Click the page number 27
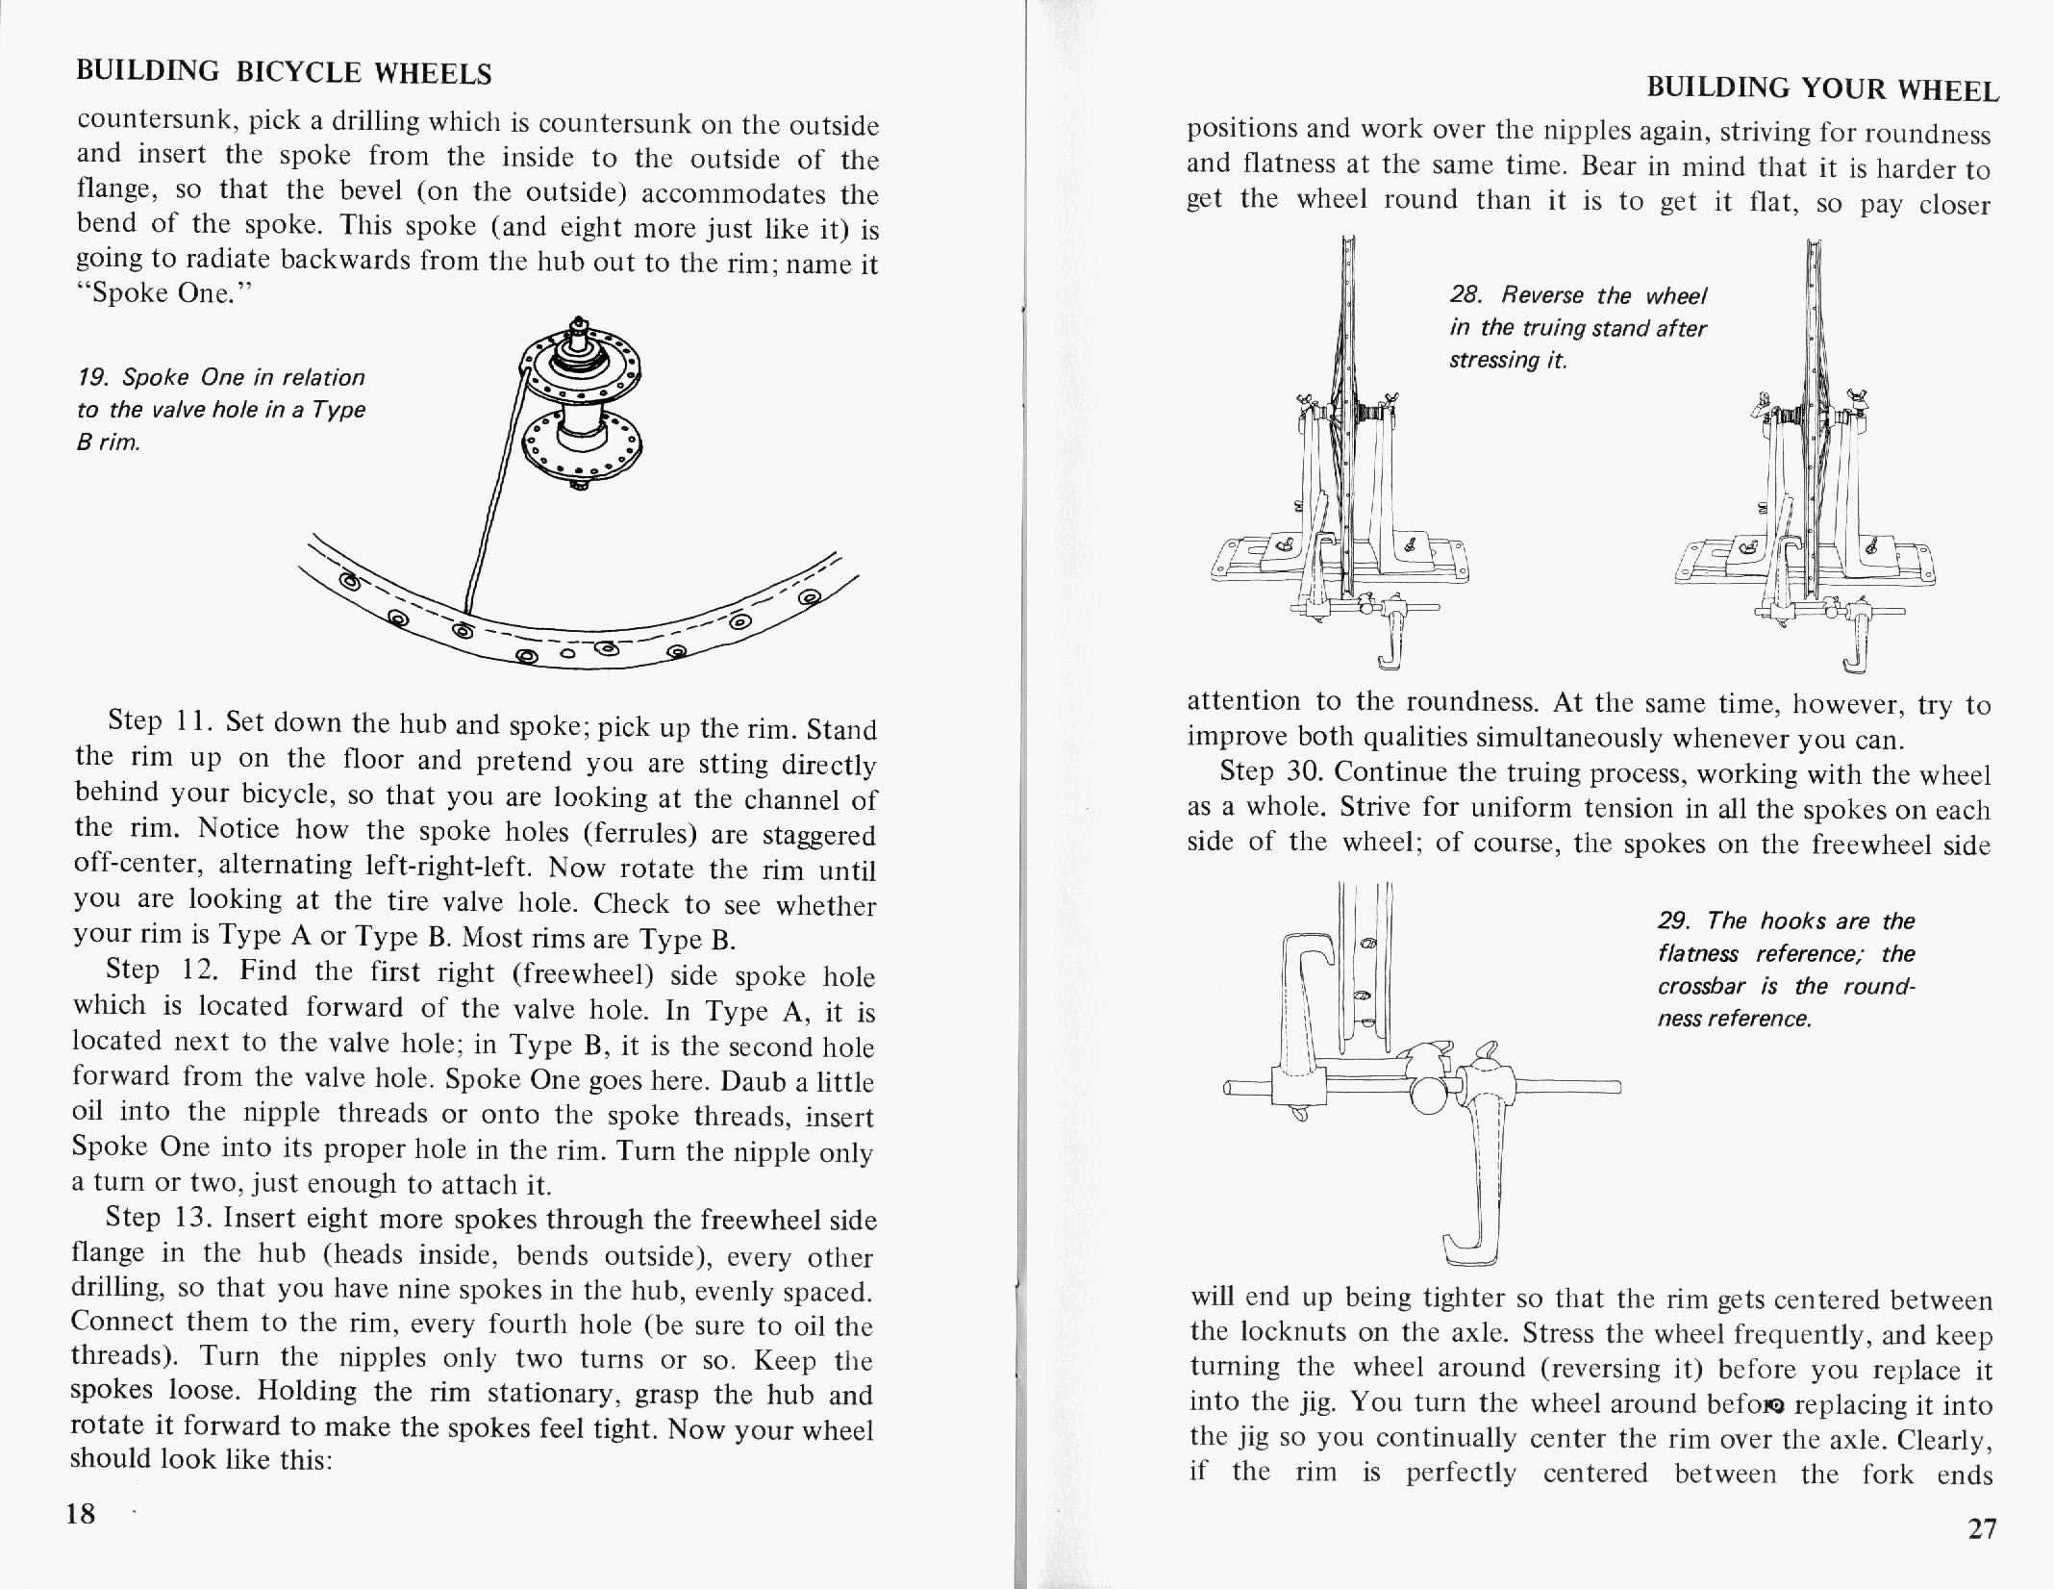point(1982,1555)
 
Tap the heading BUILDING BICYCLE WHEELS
point(284,72)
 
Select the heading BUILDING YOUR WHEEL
point(1822,89)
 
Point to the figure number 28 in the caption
point(1465,294)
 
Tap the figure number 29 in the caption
point(1672,921)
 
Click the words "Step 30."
point(1269,771)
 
